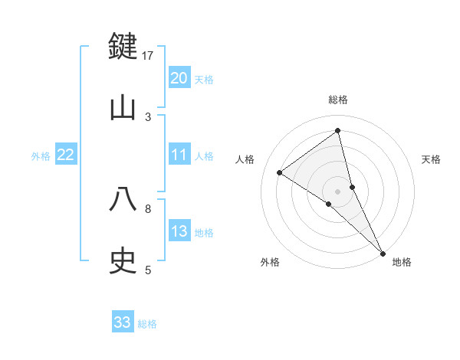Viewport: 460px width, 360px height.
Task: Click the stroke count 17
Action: pos(148,56)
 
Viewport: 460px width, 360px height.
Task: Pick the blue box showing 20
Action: pos(179,78)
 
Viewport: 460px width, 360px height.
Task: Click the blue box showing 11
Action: pos(179,155)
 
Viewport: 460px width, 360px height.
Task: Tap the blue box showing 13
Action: pos(179,231)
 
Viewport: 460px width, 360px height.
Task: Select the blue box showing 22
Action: pos(65,155)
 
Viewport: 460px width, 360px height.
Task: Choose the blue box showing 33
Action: pos(123,322)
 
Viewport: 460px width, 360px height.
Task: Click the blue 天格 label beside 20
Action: pos(204,80)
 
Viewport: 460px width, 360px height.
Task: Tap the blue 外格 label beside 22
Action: pos(41,156)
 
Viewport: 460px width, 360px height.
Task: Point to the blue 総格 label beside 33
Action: pos(147,324)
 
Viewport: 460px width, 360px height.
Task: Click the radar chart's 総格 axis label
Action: pos(338,100)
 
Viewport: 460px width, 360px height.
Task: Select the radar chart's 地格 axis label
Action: pos(402,263)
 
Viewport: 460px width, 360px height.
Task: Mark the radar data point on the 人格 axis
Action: pos(279,172)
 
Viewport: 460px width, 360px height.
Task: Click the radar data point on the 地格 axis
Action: pos(383,252)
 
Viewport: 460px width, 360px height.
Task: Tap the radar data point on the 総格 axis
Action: pos(338,130)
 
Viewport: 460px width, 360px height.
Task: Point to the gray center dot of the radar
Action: pos(338,191)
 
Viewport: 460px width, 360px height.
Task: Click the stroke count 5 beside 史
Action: pos(148,270)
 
